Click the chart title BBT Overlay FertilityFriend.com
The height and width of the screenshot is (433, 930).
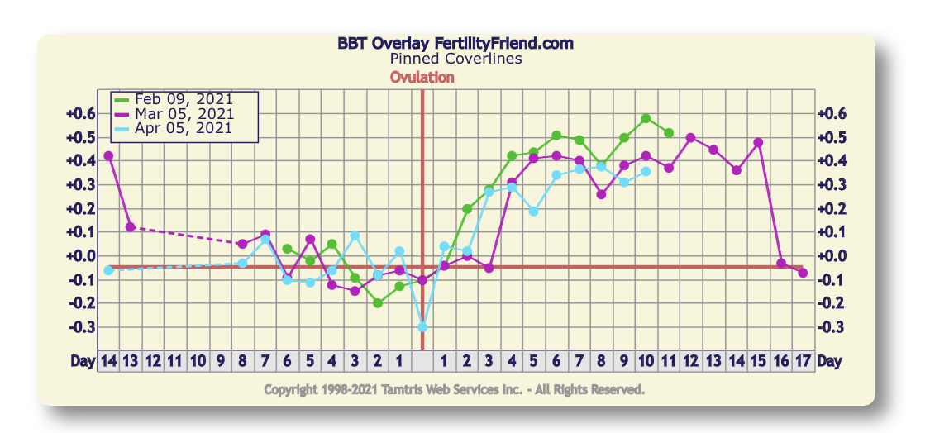(x=455, y=44)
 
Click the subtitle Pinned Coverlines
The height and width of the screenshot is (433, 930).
(x=455, y=59)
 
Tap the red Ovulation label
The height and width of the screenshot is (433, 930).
(x=422, y=77)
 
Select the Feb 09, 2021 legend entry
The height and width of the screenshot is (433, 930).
(x=184, y=99)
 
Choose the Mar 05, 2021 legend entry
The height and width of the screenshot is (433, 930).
(x=184, y=113)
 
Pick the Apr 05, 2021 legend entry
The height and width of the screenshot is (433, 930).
(x=184, y=127)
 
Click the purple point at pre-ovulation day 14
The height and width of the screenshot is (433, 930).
(x=108, y=155)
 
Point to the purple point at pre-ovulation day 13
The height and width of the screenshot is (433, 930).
(x=130, y=226)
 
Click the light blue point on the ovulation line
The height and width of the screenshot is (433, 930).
(x=422, y=327)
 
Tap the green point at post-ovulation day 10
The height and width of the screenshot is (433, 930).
(x=646, y=118)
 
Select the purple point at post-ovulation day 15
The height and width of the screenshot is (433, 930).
(x=758, y=142)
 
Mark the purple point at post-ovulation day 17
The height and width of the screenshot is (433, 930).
(x=803, y=273)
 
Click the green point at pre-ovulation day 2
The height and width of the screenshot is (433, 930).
(x=378, y=303)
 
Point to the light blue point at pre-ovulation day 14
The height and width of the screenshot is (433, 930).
(x=108, y=270)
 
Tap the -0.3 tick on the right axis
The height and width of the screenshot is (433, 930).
(x=829, y=327)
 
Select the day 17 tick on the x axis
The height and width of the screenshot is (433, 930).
(x=803, y=361)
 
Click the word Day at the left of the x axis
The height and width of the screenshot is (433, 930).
(x=83, y=361)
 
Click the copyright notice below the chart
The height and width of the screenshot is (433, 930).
(x=454, y=388)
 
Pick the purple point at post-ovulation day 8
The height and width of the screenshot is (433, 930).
(x=601, y=194)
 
